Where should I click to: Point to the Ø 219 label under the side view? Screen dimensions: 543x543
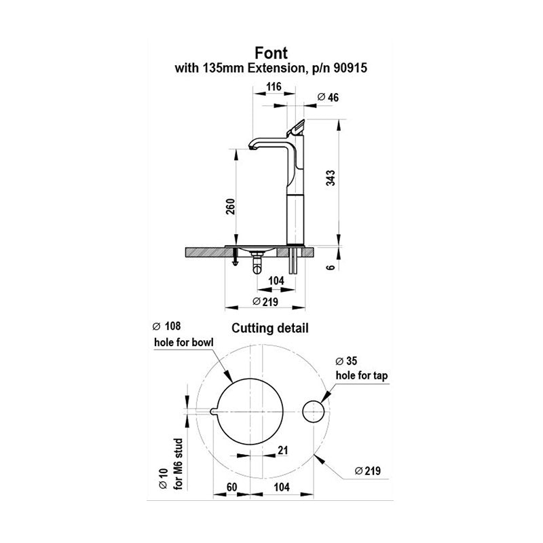point(265,300)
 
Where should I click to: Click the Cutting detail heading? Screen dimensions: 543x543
point(270,328)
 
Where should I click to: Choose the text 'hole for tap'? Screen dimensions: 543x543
point(361,375)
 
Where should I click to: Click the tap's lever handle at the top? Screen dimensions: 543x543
point(299,127)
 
